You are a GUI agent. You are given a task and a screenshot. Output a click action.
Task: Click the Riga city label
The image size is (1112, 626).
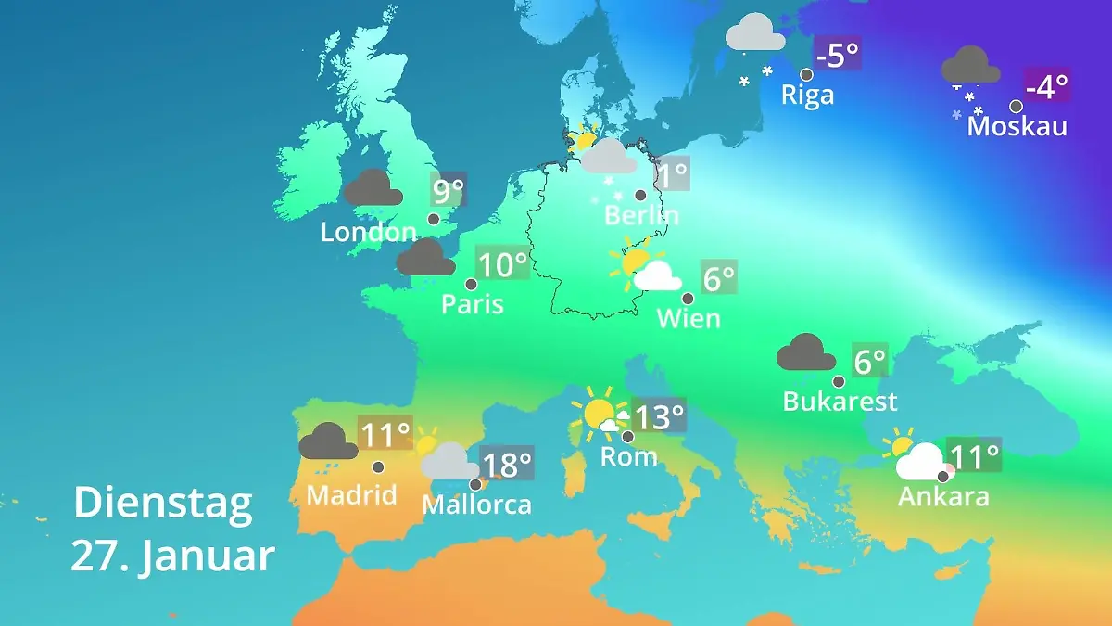[x=807, y=95]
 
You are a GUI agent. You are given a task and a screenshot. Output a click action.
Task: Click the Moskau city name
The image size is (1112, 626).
[x=1017, y=126]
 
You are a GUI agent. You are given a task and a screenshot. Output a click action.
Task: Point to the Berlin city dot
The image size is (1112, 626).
[x=640, y=195]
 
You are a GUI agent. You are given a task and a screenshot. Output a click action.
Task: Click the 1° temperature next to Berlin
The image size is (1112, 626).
[x=672, y=172]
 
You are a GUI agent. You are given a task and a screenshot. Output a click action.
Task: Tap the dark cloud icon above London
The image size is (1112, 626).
[x=373, y=188]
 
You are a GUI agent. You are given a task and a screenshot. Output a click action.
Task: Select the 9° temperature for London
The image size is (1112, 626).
[x=448, y=191]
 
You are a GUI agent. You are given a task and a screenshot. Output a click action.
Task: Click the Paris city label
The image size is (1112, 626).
[x=473, y=303]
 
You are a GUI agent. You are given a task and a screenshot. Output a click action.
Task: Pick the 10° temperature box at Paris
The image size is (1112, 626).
[x=501, y=264]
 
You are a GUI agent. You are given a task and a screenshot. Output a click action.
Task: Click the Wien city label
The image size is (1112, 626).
[x=689, y=318]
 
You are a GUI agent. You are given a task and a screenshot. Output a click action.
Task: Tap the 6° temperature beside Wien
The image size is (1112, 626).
[x=718, y=277]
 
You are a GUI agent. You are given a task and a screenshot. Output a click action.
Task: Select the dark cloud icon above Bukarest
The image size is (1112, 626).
[x=805, y=353]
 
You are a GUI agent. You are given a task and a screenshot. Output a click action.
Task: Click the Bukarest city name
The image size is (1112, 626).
[x=840, y=401]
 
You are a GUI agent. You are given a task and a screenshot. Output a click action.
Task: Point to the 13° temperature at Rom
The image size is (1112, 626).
[x=659, y=416]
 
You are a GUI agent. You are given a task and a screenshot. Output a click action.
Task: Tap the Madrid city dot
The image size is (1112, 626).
[x=378, y=467]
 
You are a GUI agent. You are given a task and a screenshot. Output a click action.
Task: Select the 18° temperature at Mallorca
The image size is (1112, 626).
[x=507, y=463]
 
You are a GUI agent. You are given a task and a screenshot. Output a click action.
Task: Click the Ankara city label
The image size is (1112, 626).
[x=943, y=496]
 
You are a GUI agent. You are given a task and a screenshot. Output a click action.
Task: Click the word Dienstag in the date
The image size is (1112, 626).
[x=163, y=503]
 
